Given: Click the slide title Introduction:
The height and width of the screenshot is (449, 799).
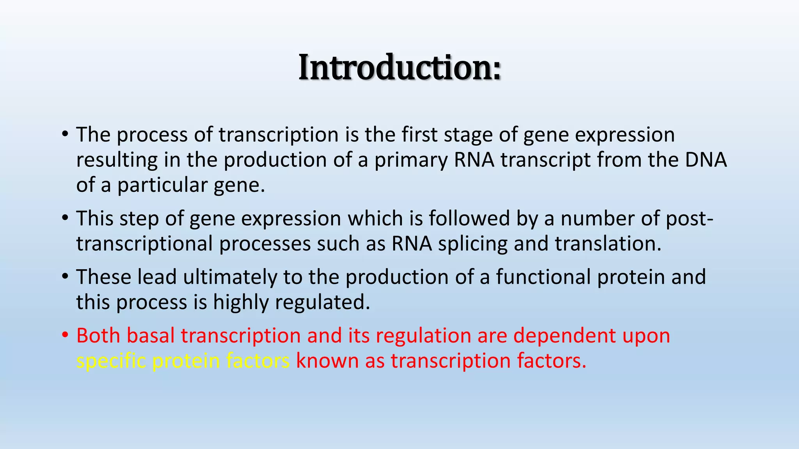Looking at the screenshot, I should coord(399,68).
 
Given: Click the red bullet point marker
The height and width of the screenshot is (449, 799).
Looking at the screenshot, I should coord(65,335).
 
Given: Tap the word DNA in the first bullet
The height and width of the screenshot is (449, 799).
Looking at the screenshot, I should coord(706,160).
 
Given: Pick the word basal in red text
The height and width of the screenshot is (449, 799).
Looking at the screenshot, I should coord(150,336).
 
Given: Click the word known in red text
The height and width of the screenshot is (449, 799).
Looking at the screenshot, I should coord(327,361).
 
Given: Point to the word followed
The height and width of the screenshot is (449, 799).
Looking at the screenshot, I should coord(469,218).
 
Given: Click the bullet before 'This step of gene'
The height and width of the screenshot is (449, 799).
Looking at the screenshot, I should coord(65,218).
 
